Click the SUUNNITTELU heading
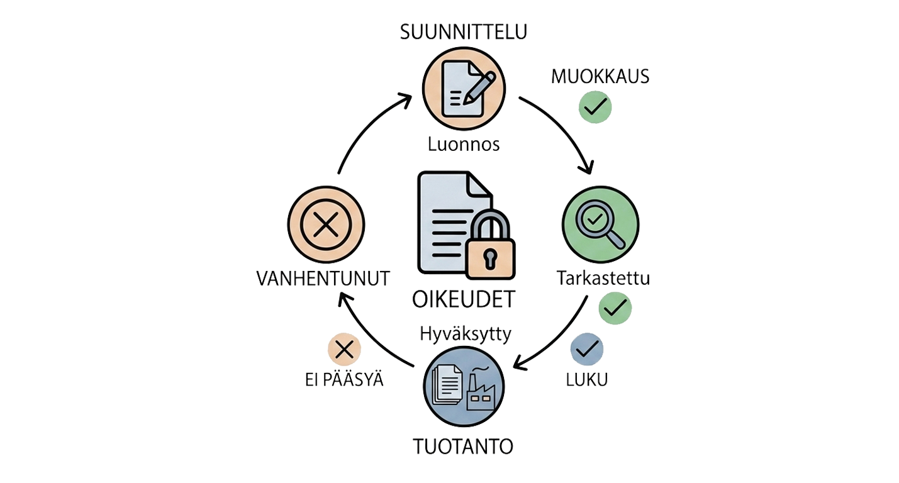[464, 32]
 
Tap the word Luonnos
[464, 145]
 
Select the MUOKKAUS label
[600, 77]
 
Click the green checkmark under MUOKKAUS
[595, 107]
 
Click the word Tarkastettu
[603, 278]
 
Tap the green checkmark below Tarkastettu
[615, 308]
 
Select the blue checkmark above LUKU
[587, 349]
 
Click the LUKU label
[587, 379]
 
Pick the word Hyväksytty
[466, 334]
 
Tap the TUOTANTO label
[463, 447]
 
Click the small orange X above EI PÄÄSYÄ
[344, 349]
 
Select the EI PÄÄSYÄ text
[344, 380]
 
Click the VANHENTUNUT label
[323, 279]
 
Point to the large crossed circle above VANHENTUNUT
[326, 225]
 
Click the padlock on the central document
[490, 245]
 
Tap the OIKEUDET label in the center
[464, 299]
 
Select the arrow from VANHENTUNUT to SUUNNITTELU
[363, 126]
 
